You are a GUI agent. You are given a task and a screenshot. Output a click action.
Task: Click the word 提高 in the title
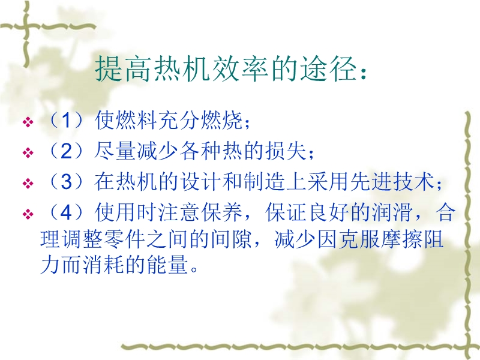(x=123, y=68)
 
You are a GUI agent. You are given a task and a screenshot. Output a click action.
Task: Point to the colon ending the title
(x=364, y=73)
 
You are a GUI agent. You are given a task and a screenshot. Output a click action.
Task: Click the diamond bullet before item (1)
(x=28, y=122)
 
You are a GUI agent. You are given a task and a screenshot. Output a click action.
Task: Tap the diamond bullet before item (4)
(x=28, y=214)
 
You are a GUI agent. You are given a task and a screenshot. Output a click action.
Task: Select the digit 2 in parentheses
(x=66, y=151)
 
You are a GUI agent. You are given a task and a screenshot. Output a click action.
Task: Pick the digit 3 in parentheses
(x=66, y=182)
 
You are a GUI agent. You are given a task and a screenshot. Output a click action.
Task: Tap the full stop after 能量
(x=194, y=270)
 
